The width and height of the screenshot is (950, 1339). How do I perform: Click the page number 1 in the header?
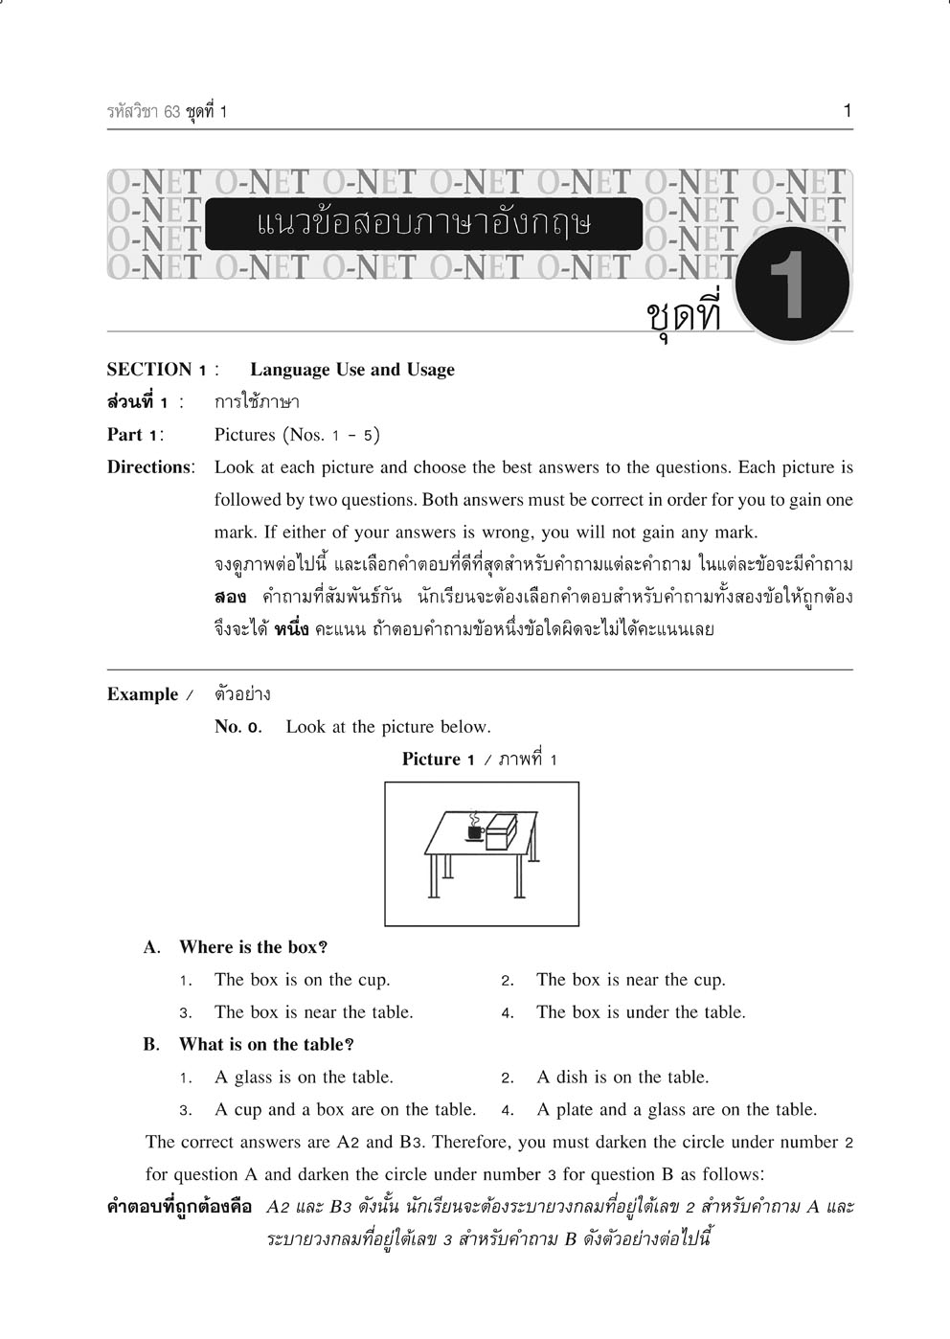click(847, 111)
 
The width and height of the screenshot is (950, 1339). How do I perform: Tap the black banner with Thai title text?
click(423, 224)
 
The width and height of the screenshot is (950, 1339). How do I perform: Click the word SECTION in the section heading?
click(148, 370)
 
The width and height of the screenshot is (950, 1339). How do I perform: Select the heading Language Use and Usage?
click(351, 370)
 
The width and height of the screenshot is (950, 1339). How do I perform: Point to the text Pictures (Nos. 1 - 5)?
click(297, 435)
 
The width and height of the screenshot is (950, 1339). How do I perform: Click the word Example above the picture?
click(143, 694)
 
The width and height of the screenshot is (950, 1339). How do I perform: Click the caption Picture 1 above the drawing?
click(439, 760)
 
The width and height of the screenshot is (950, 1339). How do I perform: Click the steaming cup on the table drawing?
click(474, 829)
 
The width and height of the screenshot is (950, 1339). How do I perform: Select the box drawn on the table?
click(501, 831)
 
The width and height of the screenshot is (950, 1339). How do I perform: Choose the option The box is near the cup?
click(630, 980)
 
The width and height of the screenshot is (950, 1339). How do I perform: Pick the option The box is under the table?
click(640, 1012)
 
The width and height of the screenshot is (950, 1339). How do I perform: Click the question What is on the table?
click(265, 1045)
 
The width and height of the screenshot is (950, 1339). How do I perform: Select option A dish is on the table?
click(622, 1078)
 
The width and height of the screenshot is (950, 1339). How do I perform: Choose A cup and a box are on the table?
click(345, 1110)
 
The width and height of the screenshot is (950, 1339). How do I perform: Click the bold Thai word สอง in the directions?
click(230, 598)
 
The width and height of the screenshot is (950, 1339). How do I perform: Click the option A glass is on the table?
click(304, 1078)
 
